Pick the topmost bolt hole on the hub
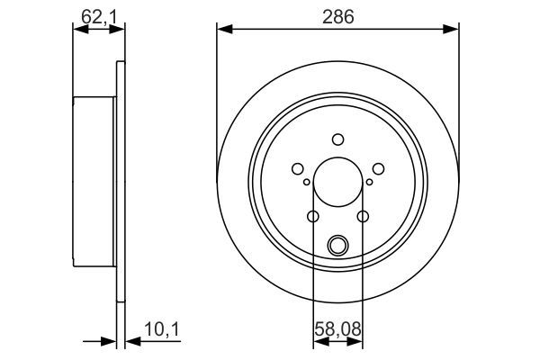[x=337, y=139]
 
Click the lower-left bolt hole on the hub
[x=312, y=216]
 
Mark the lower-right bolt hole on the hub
[x=363, y=216]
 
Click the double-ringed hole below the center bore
[x=337, y=244]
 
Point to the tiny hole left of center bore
[x=307, y=183]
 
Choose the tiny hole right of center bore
[x=369, y=183]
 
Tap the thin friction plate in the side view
[x=119, y=180]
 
